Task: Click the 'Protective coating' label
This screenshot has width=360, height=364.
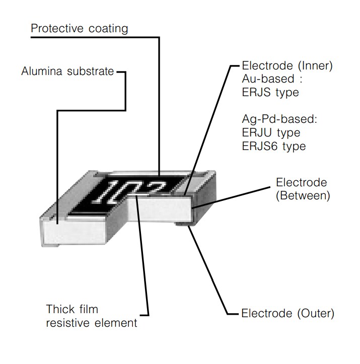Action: pyautogui.click(x=79, y=28)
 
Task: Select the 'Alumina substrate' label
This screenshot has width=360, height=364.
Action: pyautogui.click(x=67, y=71)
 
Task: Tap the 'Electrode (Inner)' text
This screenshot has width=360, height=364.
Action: pyautogui.click(x=287, y=66)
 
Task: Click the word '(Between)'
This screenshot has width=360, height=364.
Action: pyautogui.click(x=303, y=195)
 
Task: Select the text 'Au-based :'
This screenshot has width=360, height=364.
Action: pyautogui.click(x=268, y=80)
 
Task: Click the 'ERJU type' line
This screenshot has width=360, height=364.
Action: pyautogui.click(x=271, y=133)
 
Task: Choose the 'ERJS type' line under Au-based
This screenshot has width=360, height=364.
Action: pyautogui.click(x=270, y=93)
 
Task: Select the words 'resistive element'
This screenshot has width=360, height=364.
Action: pyautogui.click(x=91, y=323)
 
